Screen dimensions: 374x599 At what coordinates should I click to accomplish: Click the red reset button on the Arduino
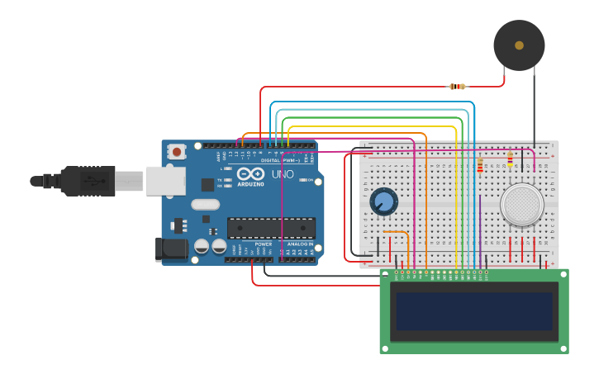pyautogui.click(x=177, y=151)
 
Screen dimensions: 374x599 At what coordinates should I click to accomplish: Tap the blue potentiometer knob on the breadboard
pyautogui.click(x=383, y=201)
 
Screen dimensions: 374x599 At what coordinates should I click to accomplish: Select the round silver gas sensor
pyautogui.click(x=522, y=204)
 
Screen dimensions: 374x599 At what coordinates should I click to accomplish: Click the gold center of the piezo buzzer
pyautogui.click(x=519, y=45)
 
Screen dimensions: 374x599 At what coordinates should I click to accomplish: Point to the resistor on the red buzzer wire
pyautogui.click(x=457, y=86)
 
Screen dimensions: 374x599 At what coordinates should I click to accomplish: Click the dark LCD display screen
pyautogui.click(x=474, y=310)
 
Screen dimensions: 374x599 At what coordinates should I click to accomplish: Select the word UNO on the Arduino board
pyautogui.click(x=283, y=174)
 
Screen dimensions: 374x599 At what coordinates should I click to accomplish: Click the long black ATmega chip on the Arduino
pyautogui.click(x=271, y=228)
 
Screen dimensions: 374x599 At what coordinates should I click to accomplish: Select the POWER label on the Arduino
pyautogui.click(x=263, y=244)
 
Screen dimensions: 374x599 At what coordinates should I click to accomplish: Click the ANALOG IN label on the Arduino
pyautogui.click(x=299, y=244)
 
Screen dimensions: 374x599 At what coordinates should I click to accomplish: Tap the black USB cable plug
pyautogui.click(x=87, y=181)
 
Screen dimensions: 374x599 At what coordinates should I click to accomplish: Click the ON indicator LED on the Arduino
pyautogui.click(x=303, y=180)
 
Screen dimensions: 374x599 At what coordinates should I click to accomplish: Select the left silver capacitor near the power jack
pyautogui.click(x=202, y=246)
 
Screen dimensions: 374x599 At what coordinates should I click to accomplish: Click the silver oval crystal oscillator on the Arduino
pyautogui.click(x=205, y=204)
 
